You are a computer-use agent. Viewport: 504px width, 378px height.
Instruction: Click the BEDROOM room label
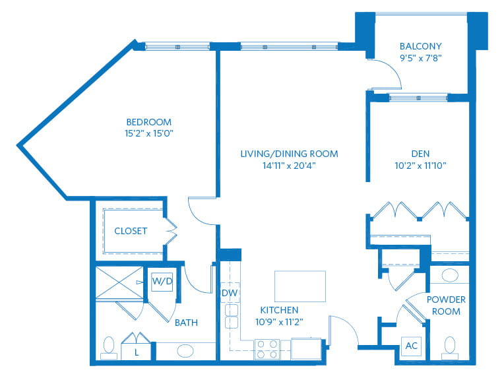click(x=149, y=122)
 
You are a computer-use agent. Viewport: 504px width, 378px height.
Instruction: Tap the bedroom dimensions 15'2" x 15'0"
click(x=149, y=133)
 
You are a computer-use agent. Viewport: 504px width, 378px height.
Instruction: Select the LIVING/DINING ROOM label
click(x=290, y=154)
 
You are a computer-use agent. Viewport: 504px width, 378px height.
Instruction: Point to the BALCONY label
click(x=420, y=46)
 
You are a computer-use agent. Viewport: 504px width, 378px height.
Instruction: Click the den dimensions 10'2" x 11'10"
click(x=420, y=166)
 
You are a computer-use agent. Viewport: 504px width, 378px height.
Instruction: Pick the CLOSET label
click(x=131, y=231)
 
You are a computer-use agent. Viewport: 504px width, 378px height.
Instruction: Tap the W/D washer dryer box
click(x=162, y=282)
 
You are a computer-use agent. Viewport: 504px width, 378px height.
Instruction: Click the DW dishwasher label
click(x=230, y=293)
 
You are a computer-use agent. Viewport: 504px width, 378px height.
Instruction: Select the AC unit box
click(x=412, y=346)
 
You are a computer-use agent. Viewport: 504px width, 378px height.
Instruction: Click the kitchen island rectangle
click(x=300, y=286)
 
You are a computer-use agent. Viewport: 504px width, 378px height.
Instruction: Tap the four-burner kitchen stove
click(x=267, y=349)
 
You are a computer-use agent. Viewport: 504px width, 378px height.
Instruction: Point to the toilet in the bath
click(x=109, y=348)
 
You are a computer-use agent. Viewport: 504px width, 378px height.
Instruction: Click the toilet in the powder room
click(x=450, y=348)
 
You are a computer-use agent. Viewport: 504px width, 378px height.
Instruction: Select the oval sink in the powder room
click(x=450, y=276)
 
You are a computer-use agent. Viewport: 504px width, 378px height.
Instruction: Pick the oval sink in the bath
click(x=185, y=351)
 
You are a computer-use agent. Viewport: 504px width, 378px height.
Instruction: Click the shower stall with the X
click(x=119, y=283)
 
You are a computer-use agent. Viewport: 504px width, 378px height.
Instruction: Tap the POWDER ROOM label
click(x=446, y=305)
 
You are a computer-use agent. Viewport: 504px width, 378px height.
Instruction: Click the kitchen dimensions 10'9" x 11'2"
click(x=279, y=322)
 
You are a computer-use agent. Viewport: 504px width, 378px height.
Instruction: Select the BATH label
click(x=186, y=323)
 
